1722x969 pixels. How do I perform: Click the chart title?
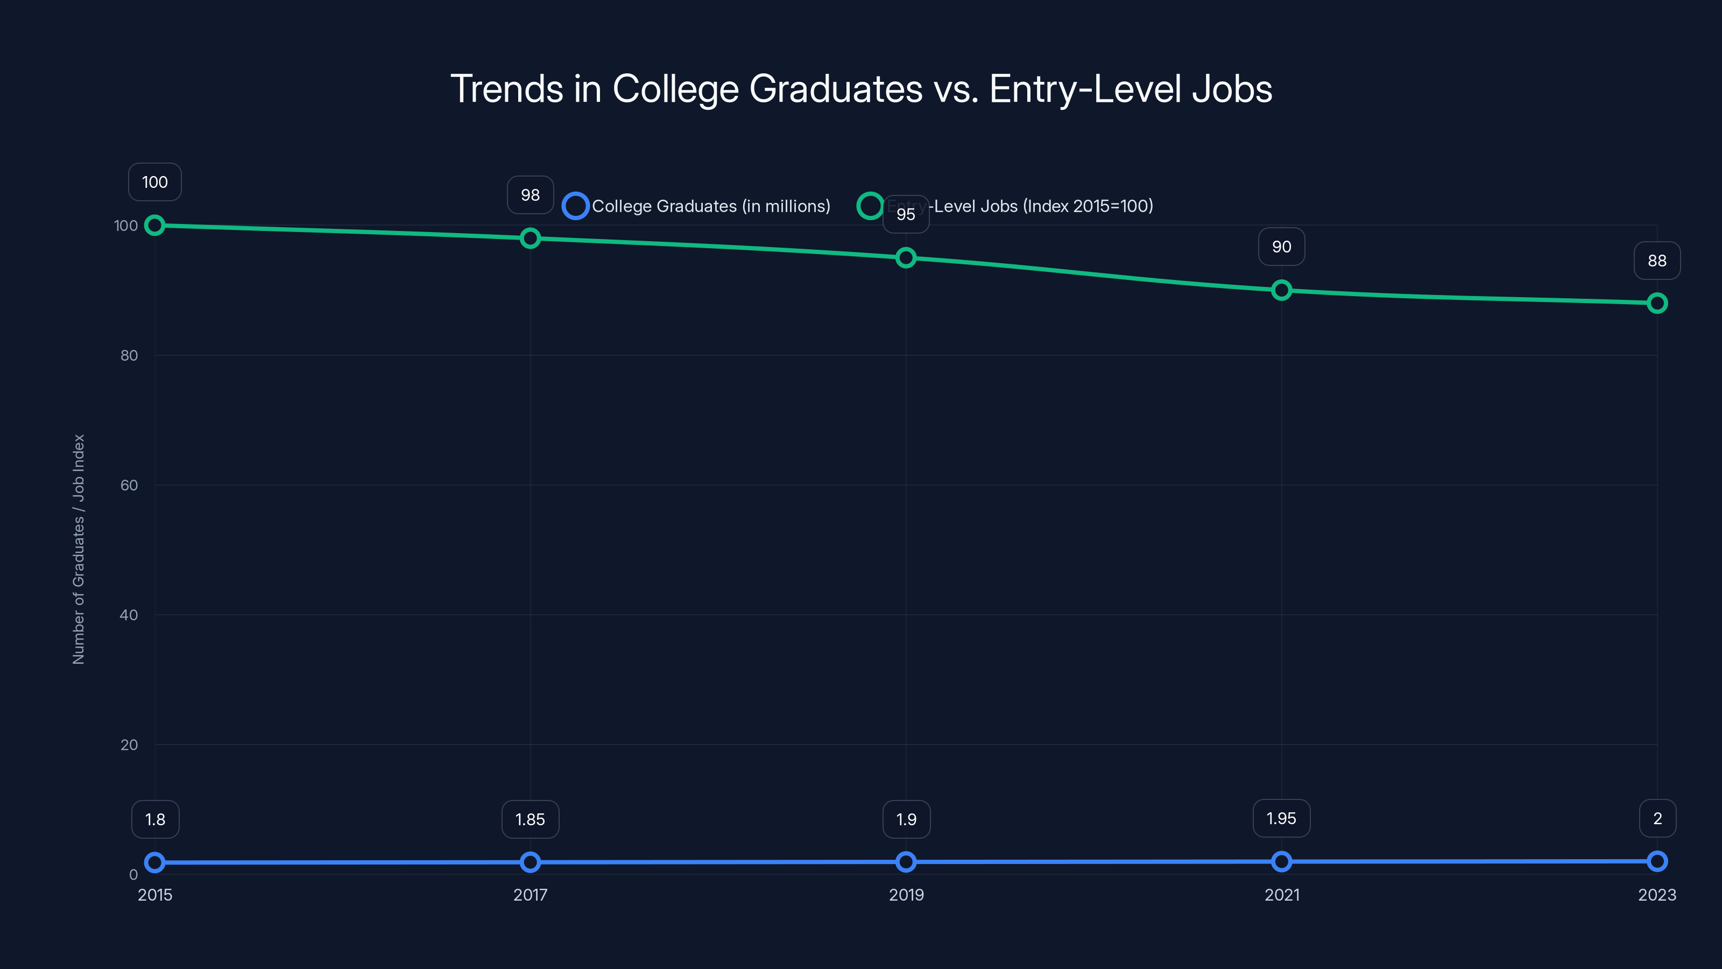(861, 89)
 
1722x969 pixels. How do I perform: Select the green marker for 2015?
(154, 226)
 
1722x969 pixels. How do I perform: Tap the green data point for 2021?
(1281, 290)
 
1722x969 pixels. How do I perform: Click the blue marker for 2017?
(530, 862)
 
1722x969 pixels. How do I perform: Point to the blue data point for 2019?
(906, 862)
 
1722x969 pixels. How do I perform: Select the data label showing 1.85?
(530, 819)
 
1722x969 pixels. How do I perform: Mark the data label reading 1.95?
(1281, 818)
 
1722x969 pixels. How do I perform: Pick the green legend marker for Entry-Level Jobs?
(870, 206)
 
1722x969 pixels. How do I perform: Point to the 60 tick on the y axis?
(129, 486)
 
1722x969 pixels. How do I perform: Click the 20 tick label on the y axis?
(129, 745)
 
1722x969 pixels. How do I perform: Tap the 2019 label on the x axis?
(906, 895)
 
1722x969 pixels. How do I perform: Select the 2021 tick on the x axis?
(1281, 895)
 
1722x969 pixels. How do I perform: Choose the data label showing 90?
(1281, 247)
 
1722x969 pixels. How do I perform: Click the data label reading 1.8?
(155, 819)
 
